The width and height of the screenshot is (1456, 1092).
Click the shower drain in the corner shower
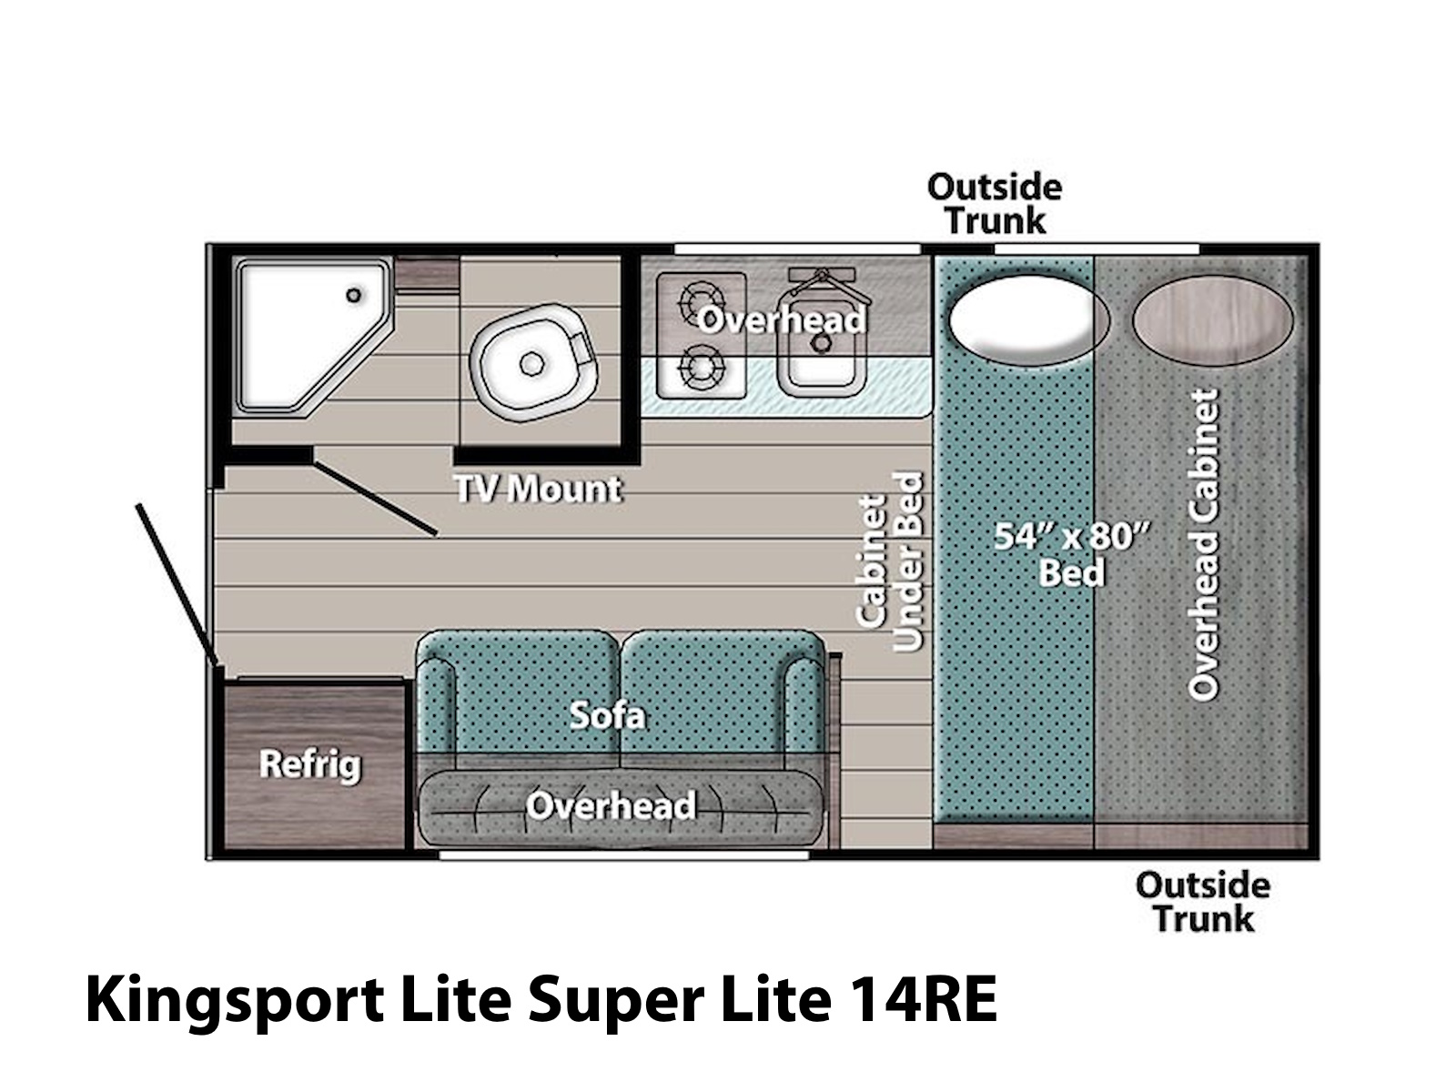(354, 295)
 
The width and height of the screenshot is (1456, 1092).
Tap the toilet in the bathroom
(533, 363)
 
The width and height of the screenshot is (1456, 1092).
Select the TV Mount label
(538, 490)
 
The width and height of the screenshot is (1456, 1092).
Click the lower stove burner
(701, 367)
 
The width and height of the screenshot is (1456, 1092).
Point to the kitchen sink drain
(823, 343)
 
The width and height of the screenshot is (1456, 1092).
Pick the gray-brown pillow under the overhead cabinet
(1212, 319)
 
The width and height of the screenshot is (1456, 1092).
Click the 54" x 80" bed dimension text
(1071, 536)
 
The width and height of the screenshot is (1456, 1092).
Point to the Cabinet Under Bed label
(889, 561)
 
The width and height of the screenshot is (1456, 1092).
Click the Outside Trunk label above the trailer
(995, 204)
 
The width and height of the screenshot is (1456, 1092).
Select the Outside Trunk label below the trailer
(1203, 903)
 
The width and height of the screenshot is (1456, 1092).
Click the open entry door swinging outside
(177, 584)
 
